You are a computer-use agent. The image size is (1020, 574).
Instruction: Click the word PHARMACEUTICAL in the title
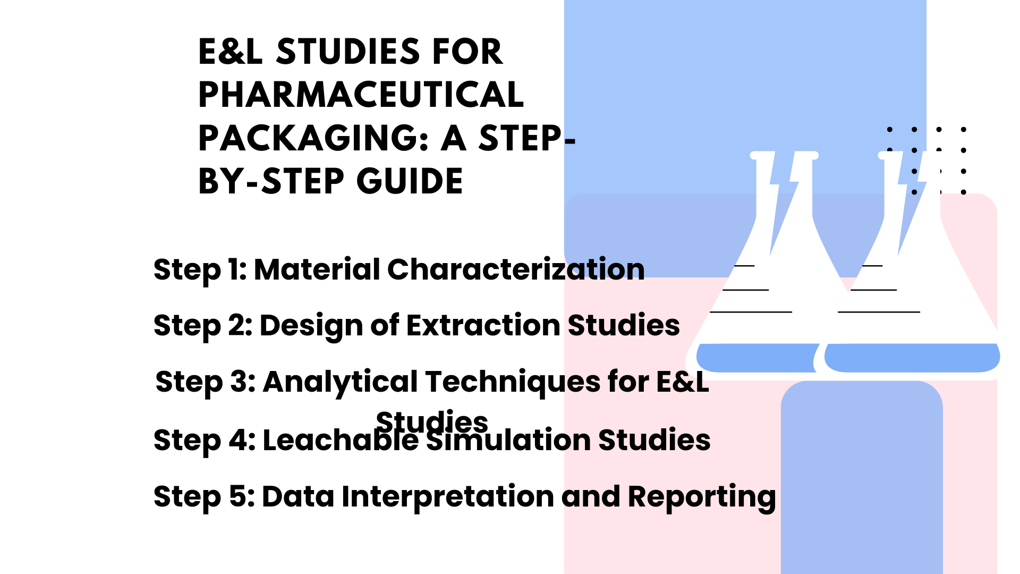361,95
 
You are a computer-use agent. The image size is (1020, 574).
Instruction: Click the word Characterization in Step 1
516,269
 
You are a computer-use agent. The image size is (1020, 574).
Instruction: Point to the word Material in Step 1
317,269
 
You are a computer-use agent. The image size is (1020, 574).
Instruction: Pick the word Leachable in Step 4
341,440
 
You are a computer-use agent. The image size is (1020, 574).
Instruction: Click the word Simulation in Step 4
508,440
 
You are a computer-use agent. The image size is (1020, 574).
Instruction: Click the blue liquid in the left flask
756,358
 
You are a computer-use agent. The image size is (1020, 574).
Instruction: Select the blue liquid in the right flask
912,358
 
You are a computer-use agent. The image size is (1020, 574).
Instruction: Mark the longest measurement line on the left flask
751,312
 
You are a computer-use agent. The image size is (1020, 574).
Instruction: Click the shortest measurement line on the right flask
872,265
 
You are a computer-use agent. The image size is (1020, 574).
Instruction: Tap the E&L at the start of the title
231,52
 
